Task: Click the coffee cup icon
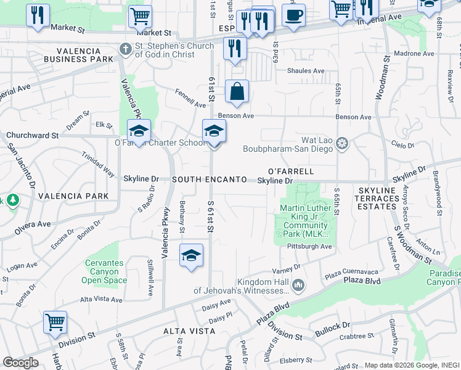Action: click(293, 15)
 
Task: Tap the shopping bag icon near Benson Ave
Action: click(237, 92)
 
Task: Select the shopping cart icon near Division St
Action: click(55, 323)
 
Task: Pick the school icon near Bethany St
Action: click(191, 255)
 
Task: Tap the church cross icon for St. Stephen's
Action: click(125, 48)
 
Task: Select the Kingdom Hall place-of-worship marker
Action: click(299, 285)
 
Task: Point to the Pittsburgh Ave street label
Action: click(309, 247)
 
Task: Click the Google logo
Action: click(20, 363)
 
